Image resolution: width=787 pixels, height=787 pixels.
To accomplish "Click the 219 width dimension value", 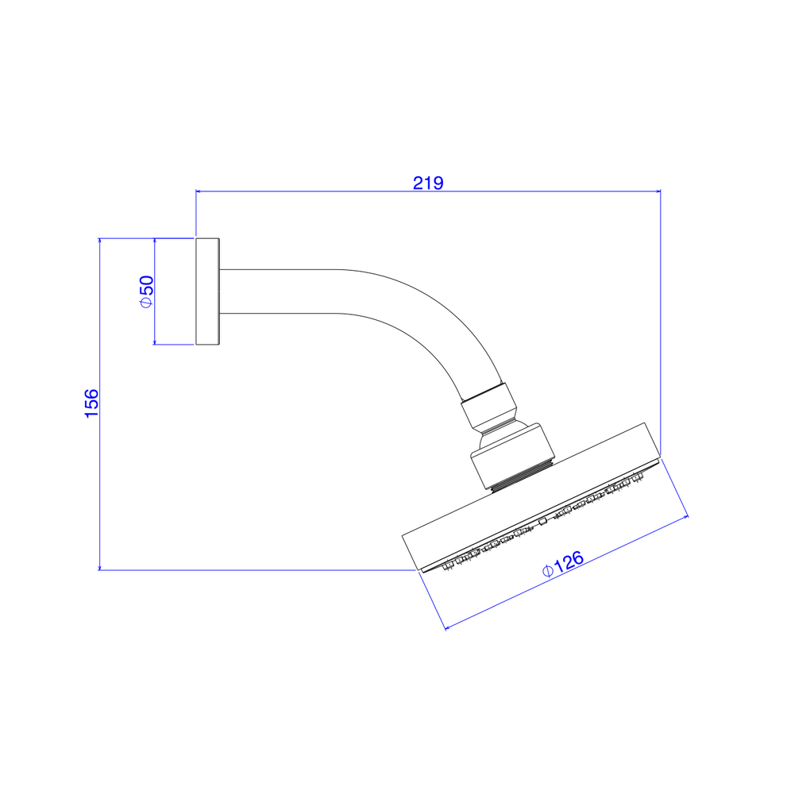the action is pos(428,183).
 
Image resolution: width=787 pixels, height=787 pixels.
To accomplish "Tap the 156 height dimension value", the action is pos(92,403).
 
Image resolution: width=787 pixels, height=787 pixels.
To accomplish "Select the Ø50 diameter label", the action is pos(147,291).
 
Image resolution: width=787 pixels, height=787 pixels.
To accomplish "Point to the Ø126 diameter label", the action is pos(563,564).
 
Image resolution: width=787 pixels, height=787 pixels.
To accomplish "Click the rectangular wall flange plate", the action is pos(208,291).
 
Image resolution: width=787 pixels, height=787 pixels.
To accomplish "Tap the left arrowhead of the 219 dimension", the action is pos(199,191).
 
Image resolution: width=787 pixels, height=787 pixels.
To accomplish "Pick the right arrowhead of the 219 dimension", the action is pos(658,191).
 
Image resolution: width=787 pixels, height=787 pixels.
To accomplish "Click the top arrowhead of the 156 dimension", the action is pos(100,241).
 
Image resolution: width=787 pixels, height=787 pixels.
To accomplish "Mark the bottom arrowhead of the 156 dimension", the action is pos(100,567).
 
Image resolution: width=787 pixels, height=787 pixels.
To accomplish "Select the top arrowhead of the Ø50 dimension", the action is pos(155,241).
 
